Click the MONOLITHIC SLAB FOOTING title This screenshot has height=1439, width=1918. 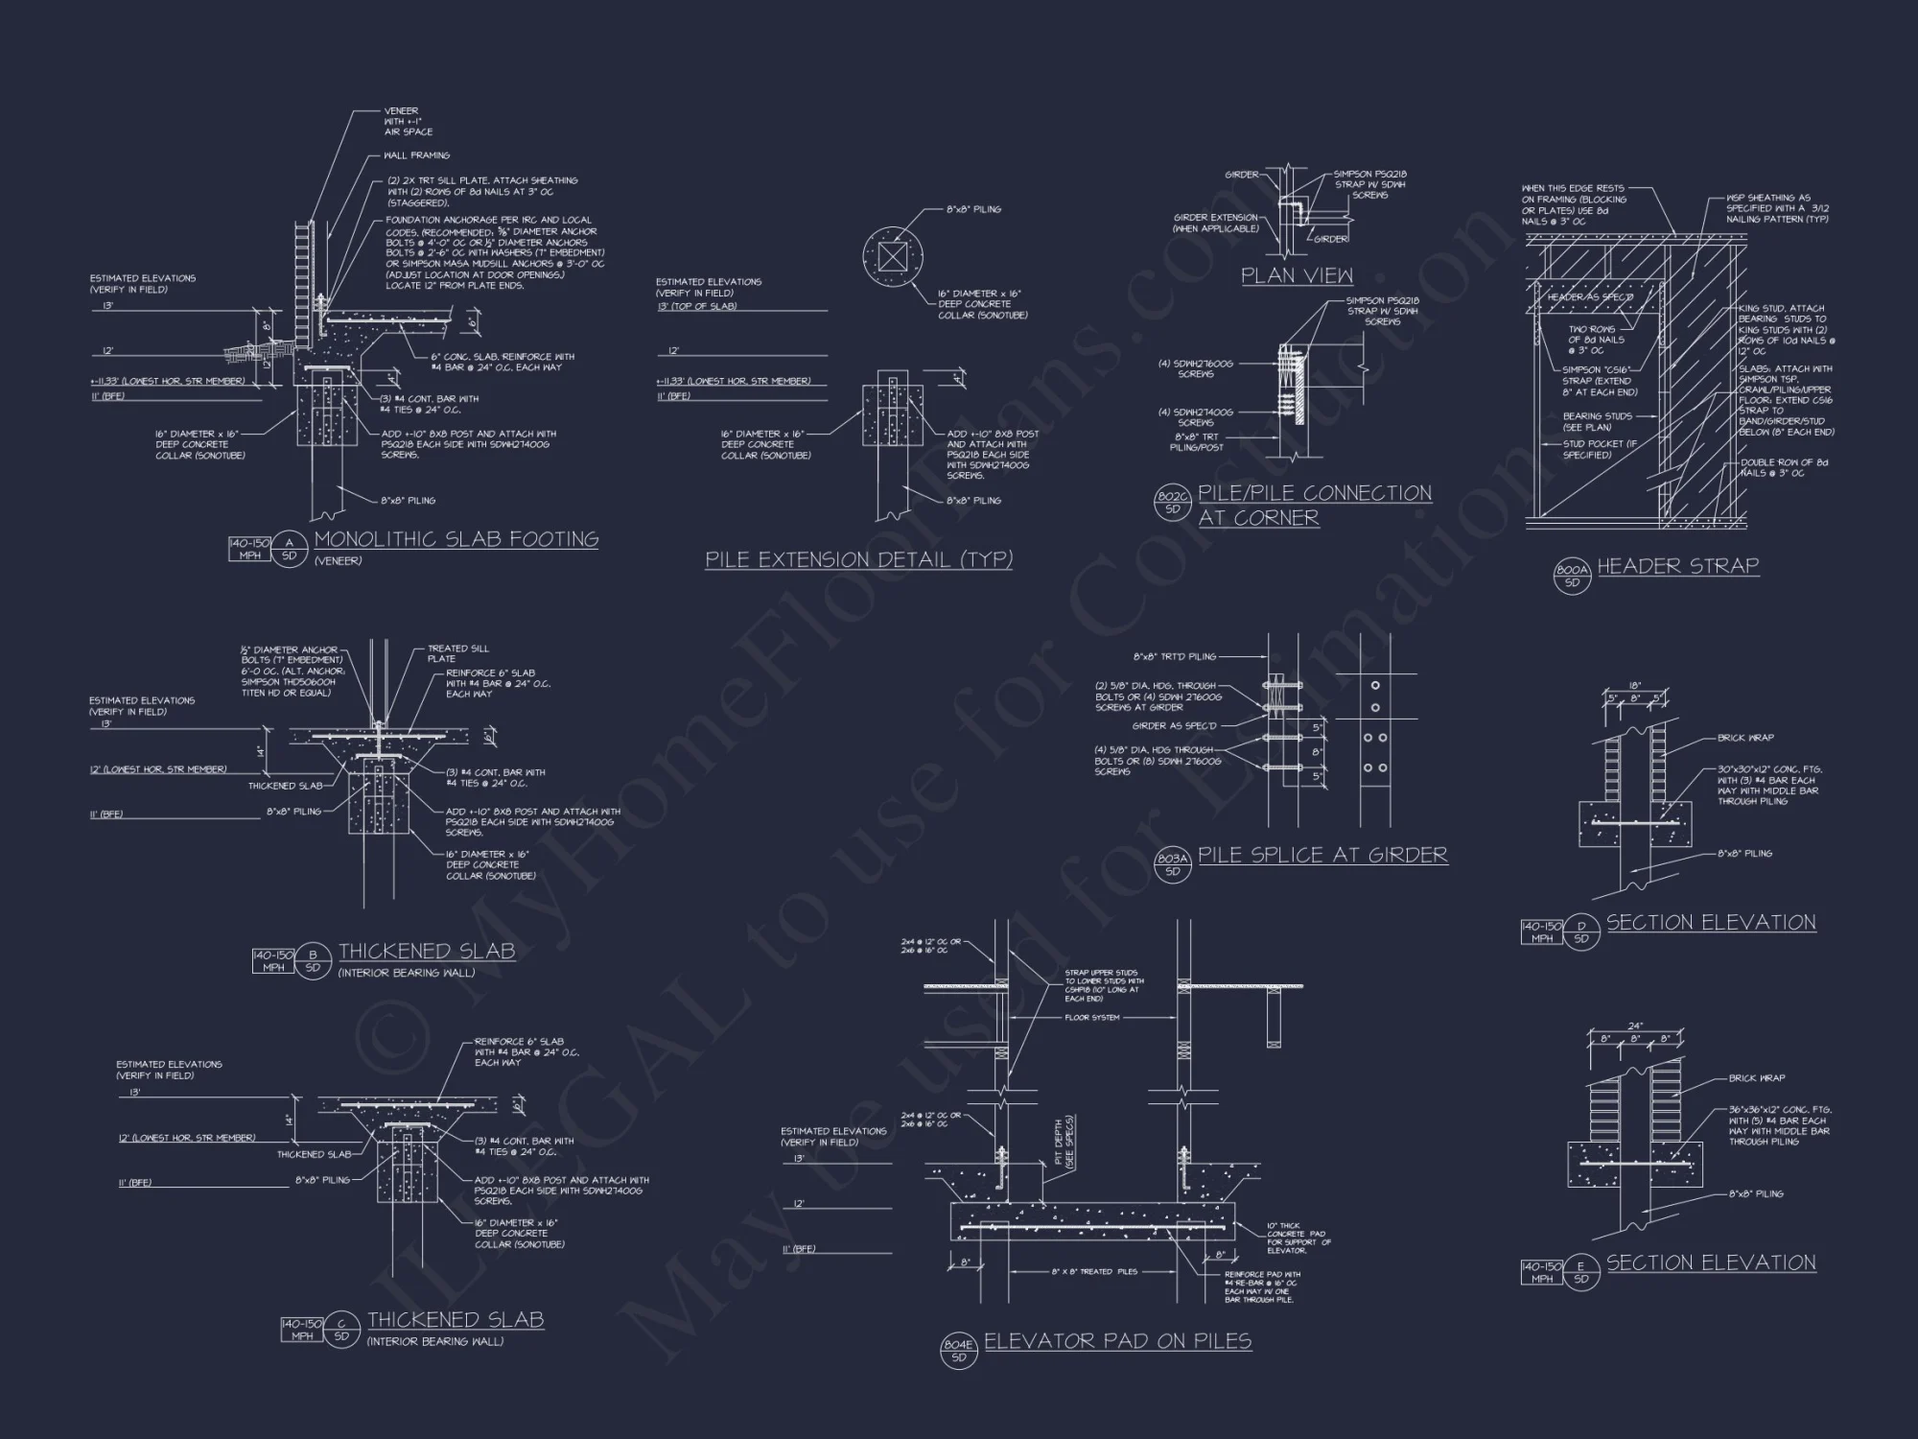coord(456,539)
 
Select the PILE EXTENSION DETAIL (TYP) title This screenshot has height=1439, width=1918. coord(858,559)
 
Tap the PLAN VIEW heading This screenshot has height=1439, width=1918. coord(1297,276)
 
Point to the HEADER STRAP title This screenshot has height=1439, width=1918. coord(1677,566)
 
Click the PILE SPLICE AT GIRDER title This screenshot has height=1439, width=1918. coord(1322,855)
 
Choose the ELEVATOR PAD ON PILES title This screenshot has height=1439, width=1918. coord(1117,1341)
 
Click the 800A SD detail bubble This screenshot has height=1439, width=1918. coord(1572,576)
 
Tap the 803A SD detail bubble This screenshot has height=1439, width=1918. coord(1173,864)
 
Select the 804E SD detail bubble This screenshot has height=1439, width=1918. coord(959,1351)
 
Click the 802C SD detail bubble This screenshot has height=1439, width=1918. coord(1173,503)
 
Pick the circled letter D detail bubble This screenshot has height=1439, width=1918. coord(1581,932)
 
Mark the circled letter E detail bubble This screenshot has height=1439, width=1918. coord(1581,1272)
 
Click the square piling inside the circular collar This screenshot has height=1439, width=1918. coord(892,257)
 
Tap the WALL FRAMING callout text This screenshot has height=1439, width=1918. coord(416,155)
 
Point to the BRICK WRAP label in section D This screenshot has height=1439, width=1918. coord(1745,738)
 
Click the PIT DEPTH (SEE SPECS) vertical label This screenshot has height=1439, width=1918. coord(1064,1142)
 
